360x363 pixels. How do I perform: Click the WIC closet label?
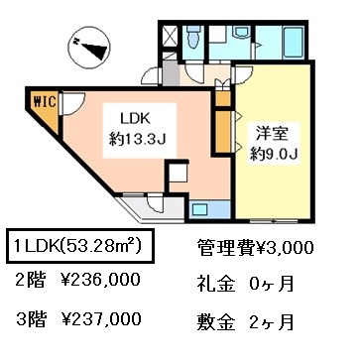pos(45,102)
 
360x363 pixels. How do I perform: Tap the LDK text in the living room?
pos(136,119)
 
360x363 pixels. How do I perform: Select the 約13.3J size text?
pos(138,141)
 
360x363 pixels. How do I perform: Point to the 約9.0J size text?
pos(275,154)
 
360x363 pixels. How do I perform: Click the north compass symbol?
pos(88,47)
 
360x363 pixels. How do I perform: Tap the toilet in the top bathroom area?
pos(192,37)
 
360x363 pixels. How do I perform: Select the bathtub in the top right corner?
pos(294,42)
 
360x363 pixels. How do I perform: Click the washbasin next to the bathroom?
pos(242,32)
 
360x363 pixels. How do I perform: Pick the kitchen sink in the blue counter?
pos(200,209)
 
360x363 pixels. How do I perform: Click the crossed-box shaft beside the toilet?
pos(171,36)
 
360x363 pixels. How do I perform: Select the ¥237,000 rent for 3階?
pos(101,319)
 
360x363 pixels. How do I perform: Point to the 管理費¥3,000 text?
pos(255,247)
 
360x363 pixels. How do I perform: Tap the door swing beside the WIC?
pos(73,103)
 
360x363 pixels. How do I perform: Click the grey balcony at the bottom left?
pos(152,209)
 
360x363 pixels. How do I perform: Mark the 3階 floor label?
pos(31,319)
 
